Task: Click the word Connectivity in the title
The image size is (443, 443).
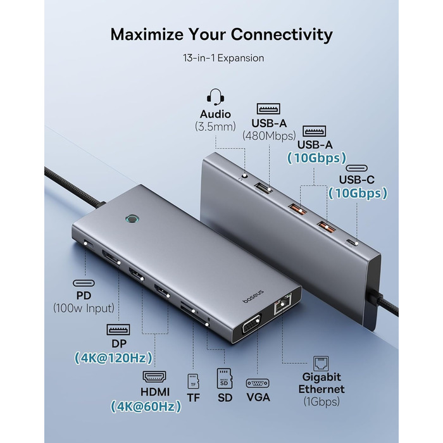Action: click(273, 34)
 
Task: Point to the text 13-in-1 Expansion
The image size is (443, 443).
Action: click(221, 58)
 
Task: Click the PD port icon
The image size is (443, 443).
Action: click(84, 283)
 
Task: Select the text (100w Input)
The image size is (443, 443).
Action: click(84, 308)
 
